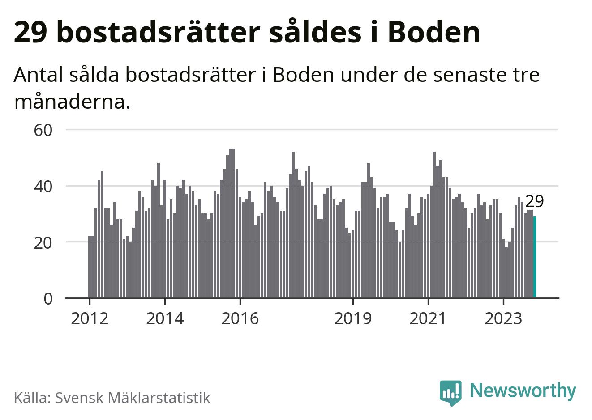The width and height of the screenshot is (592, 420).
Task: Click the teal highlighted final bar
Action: coord(535,257)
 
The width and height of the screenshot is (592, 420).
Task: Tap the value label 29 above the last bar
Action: coord(534,202)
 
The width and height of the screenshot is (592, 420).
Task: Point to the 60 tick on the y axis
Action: coord(43,130)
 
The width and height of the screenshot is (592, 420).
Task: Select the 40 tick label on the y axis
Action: coord(43,186)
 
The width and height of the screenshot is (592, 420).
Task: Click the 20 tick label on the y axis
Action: coord(43,242)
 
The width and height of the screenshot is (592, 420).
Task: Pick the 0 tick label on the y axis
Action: coord(48,298)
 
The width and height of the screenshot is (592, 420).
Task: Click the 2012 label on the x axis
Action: coord(90,318)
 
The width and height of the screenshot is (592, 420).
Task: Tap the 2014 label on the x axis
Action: coord(165,318)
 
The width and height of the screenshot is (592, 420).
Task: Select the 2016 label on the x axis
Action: coord(240,318)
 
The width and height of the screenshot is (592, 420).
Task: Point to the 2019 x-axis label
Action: coord(353,318)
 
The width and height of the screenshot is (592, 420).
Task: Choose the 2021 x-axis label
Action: coord(428,318)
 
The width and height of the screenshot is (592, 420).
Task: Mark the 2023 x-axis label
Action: coord(503,318)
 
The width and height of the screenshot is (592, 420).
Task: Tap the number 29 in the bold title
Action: coord(30,32)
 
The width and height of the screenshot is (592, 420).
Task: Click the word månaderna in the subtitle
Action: coord(72,102)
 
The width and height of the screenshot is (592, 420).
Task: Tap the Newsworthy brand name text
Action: coord(523,390)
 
